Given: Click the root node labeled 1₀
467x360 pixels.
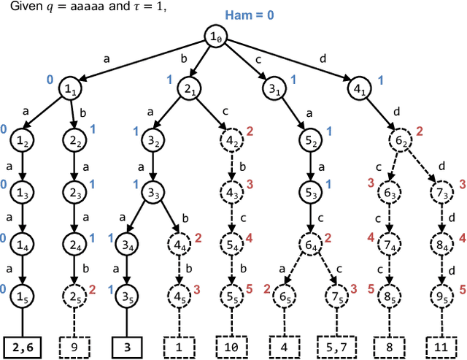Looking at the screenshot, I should pyautogui.click(x=215, y=37).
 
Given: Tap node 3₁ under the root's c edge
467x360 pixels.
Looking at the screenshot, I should pyautogui.click(x=272, y=90).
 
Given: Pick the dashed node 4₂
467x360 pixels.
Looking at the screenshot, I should pyautogui.click(x=231, y=140).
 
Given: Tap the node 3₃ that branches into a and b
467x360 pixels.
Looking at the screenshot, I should pyautogui.click(x=153, y=194).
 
